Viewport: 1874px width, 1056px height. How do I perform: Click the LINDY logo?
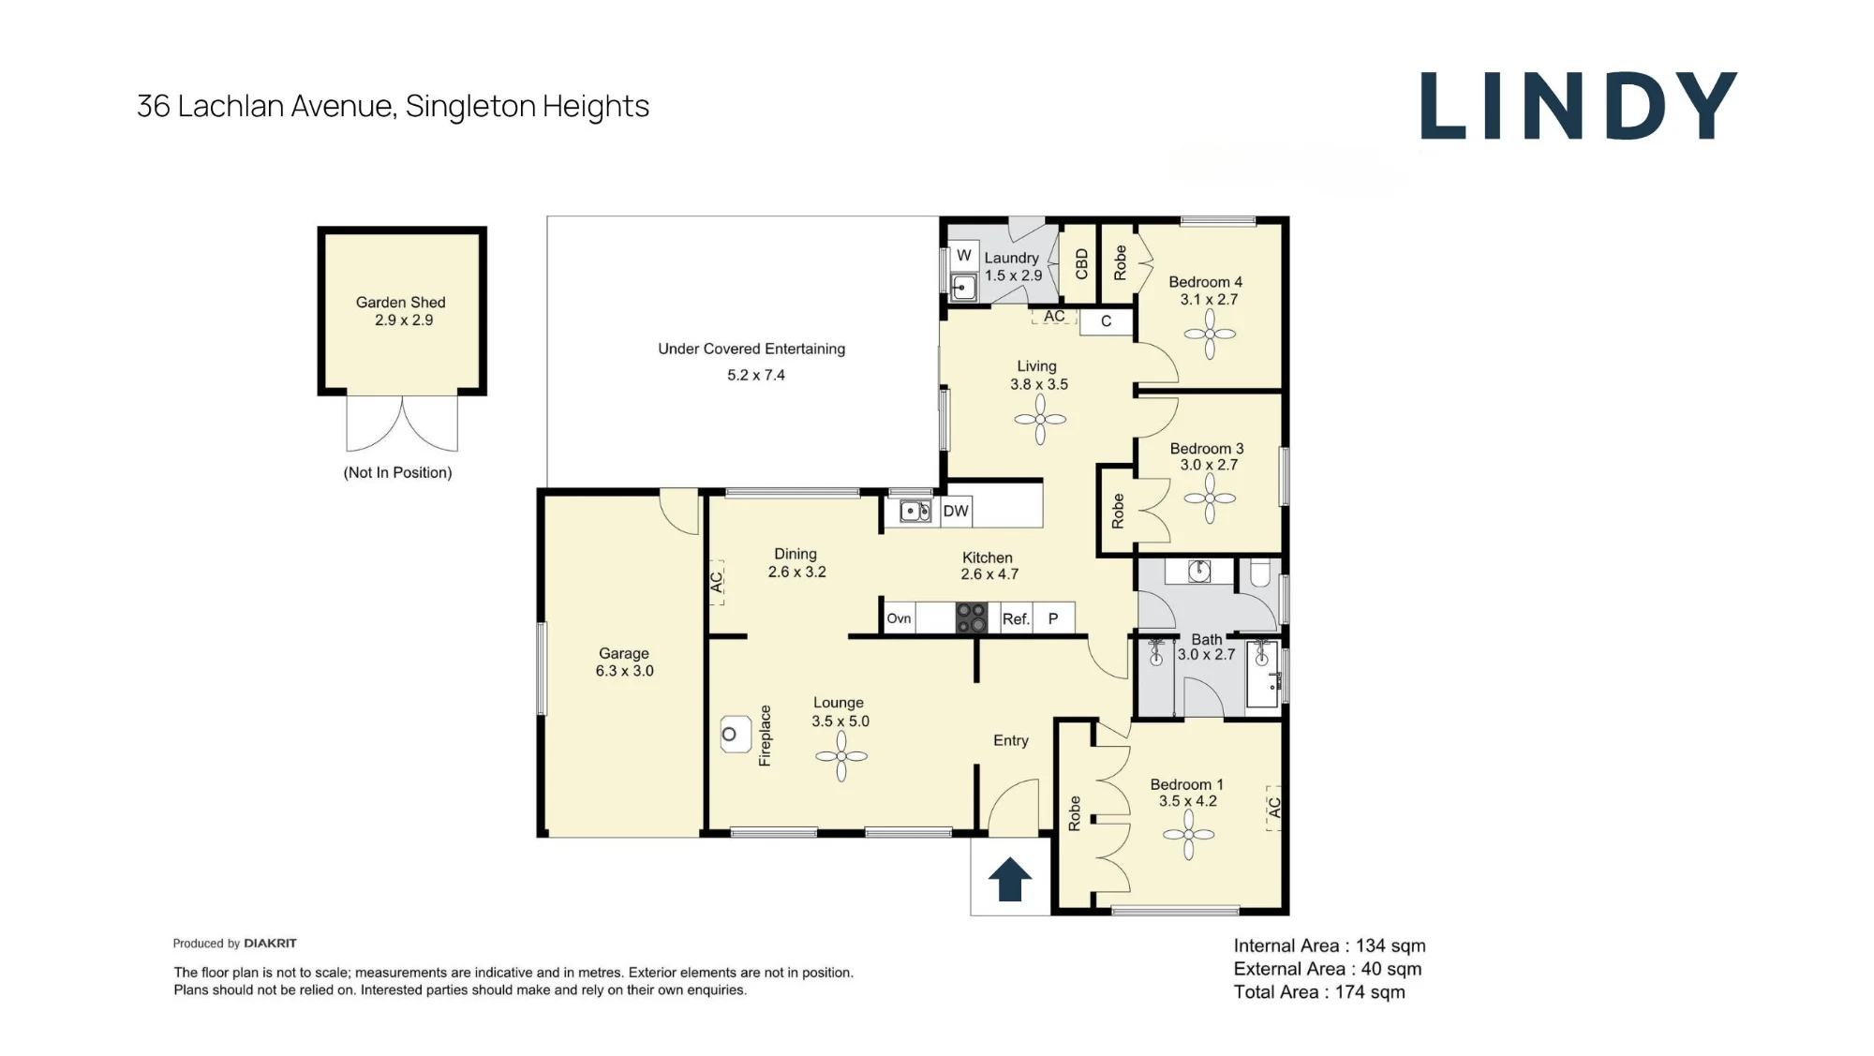click(1579, 105)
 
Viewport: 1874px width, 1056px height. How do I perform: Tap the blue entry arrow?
click(1010, 879)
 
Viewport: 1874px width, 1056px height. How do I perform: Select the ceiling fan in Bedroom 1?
click(1188, 834)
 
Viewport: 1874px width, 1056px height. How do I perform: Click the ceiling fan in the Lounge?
click(841, 755)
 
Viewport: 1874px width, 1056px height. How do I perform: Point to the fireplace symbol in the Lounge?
click(736, 735)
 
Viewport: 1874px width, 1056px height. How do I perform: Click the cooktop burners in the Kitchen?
click(972, 618)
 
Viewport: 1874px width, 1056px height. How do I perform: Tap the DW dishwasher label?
click(956, 512)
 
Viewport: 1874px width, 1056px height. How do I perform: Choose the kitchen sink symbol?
click(915, 511)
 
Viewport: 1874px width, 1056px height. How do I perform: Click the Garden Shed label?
click(401, 303)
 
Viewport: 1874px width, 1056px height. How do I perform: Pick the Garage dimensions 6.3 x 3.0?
click(625, 671)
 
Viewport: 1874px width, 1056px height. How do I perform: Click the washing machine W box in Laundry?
click(964, 256)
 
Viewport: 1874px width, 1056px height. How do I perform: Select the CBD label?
click(1082, 264)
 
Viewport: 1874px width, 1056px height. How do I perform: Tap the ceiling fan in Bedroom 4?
click(1210, 334)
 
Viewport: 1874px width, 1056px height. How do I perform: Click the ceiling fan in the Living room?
click(1040, 419)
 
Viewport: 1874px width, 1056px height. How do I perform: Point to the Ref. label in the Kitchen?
click(1016, 619)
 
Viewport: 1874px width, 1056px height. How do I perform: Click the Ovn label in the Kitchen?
click(899, 618)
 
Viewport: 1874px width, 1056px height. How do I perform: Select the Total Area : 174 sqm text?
click(1319, 992)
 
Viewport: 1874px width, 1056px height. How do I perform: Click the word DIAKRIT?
click(270, 944)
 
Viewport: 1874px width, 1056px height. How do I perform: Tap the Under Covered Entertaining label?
click(751, 350)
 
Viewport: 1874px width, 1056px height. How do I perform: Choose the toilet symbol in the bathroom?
click(1260, 573)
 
